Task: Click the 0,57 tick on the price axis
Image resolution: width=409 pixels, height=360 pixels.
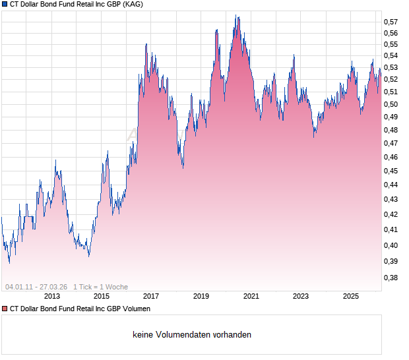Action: click(391, 22)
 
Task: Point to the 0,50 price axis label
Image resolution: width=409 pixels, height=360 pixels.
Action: click(391, 104)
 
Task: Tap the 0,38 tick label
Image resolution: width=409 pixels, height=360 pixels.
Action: click(391, 278)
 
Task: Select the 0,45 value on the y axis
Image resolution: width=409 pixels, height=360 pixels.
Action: click(391, 171)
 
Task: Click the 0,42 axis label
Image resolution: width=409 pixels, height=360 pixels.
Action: click(391, 214)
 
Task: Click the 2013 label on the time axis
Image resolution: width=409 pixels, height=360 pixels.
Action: click(51, 297)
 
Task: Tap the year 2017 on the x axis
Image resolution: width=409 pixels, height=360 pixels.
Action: click(151, 297)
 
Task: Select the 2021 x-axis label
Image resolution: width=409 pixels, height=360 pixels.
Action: click(251, 297)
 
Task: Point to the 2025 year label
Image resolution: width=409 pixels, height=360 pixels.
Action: click(350, 297)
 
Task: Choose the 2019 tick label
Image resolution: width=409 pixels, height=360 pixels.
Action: click(201, 297)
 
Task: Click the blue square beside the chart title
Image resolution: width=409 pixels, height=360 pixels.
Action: click(5, 4)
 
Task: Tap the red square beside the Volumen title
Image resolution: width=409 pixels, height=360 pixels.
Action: click(5, 309)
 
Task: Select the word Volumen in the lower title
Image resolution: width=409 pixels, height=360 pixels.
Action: click(136, 309)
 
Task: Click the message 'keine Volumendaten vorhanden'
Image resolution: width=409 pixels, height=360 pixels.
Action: click(192, 334)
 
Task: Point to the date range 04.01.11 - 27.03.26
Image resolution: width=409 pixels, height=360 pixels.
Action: click(36, 287)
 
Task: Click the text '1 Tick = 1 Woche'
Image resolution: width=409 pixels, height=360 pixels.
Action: click(101, 287)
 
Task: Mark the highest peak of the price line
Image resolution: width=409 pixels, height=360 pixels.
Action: click(237, 16)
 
